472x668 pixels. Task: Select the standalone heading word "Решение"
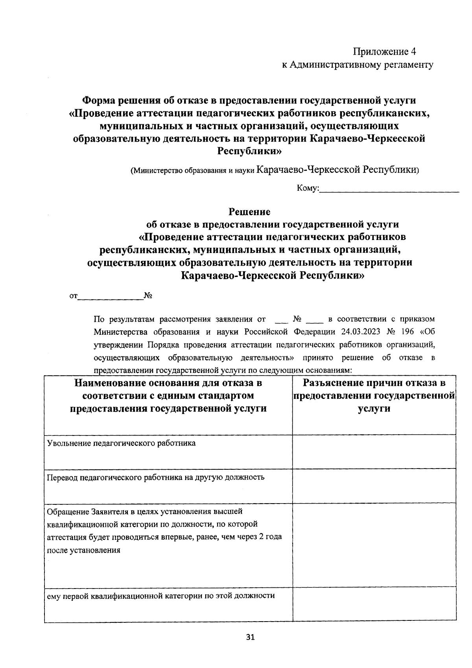(x=250, y=212)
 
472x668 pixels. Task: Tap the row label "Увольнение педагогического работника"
(x=121, y=443)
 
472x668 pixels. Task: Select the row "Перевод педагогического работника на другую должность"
(x=155, y=478)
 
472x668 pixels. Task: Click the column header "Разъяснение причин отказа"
(x=374, y=383)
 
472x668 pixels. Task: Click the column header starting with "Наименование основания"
(x=168, y=383)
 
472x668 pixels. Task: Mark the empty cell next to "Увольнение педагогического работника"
(x=374, y=451)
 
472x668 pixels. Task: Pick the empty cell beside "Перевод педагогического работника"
(x=374, y=485)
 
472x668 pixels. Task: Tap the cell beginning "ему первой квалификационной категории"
(x=160, y=595)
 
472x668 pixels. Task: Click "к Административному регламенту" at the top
(x=358, y=65)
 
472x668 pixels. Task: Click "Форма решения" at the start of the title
(x=114, y=101)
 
